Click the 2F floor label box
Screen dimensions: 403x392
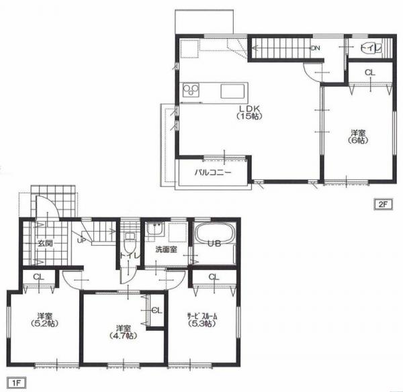(383, 205)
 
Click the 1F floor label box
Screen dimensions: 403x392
(16, 383)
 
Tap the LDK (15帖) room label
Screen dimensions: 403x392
(249, 112)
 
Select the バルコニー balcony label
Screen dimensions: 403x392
(213, 172)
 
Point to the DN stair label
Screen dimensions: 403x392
(316, 48)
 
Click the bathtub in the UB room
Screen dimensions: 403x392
(214, 233)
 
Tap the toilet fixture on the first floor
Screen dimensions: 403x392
(129, 243)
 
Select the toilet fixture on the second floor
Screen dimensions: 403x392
(368, 48)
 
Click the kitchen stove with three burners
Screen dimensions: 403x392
(191, 91)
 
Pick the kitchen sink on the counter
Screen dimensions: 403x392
(232, 91)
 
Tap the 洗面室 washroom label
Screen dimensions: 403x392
(166, 249)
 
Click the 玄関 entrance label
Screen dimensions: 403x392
(45, 243)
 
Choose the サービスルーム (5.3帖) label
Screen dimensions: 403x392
(202, 320)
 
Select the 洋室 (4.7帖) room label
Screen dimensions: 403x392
(123, 332)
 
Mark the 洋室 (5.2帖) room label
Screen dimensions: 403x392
(45, 320)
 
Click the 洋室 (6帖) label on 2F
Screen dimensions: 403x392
(358, 137)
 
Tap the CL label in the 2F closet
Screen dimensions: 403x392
(370, 72)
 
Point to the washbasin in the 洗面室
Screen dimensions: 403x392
(154, 229)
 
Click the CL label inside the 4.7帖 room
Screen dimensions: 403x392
(157, 310)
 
